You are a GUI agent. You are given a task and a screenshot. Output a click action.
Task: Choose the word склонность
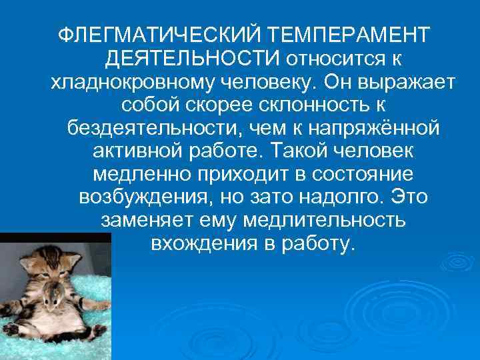point(304,105)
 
